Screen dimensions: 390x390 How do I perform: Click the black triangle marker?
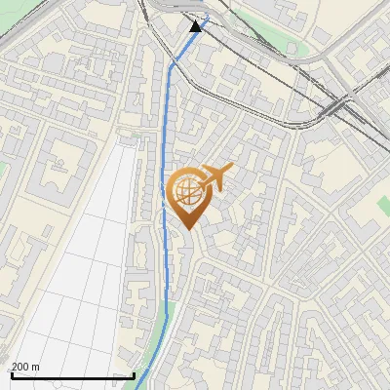(196, 25)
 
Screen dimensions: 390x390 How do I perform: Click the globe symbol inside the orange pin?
(186, 191)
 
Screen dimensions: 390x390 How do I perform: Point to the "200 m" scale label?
(25, 367)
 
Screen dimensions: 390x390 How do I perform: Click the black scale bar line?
(72, 375)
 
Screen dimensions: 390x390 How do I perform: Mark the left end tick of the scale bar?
(11, 375)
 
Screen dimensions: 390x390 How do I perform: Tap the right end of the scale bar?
(134, 375)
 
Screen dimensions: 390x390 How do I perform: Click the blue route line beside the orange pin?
(163, 195)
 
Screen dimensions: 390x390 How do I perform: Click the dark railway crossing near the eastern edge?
(337, 103)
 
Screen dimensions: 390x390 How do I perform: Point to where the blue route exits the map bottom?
(137, 387)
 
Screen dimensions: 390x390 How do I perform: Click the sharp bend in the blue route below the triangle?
(173, 64)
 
